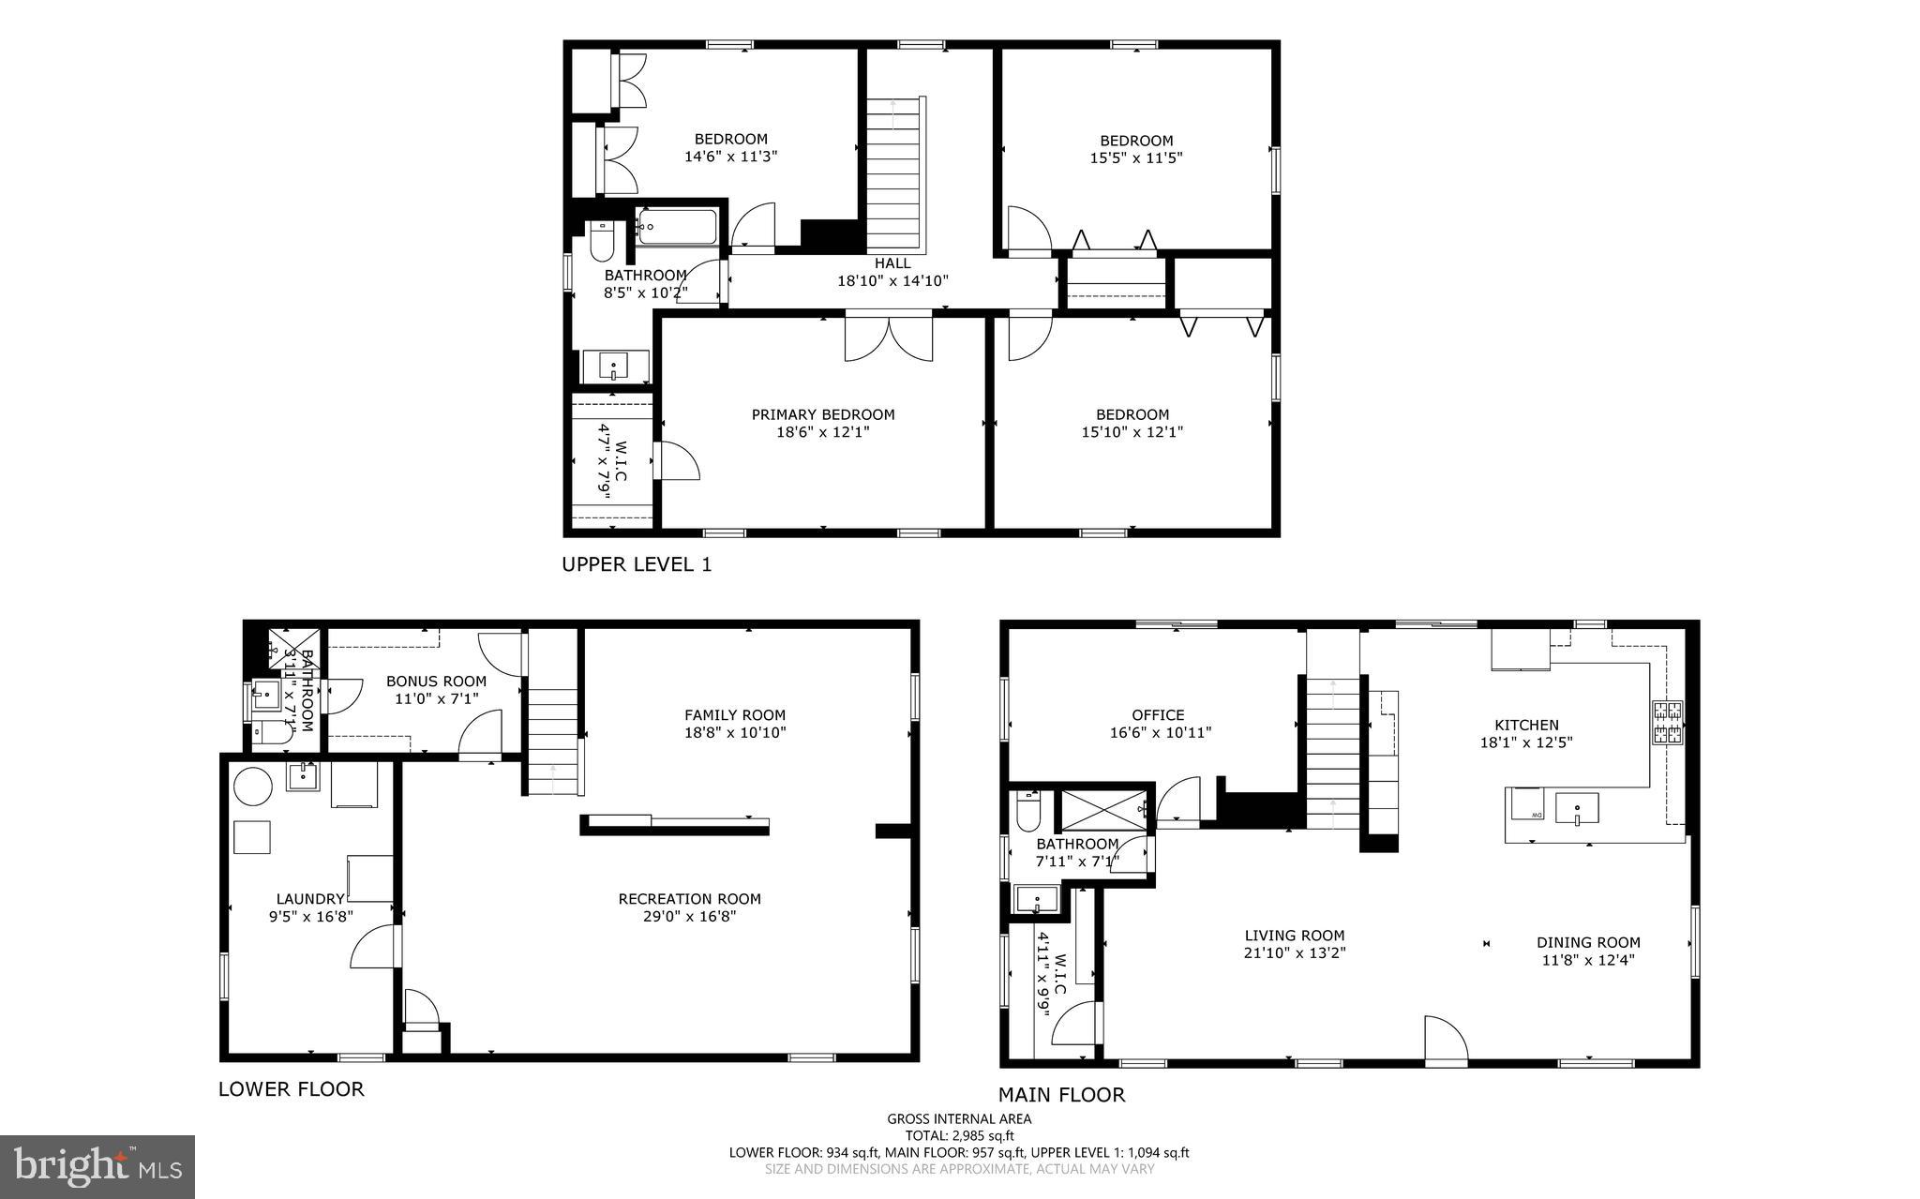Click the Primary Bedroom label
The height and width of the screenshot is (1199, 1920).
pos(822,414)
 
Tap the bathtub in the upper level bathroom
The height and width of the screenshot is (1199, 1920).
pos(677,227)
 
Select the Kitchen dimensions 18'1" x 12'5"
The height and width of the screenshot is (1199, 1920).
pos(1525,742)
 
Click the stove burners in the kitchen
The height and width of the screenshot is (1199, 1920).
pos(1667,723)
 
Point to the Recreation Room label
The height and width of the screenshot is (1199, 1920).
pos(689,899)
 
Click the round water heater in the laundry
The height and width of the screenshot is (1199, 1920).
pos(252,786)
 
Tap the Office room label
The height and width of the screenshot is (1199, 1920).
pos(1158,715)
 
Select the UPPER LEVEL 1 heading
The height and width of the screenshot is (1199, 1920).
pos(637,564)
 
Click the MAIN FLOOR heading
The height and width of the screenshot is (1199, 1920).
pos(1060,1094)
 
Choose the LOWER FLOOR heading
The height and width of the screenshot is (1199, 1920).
pos(291,1088)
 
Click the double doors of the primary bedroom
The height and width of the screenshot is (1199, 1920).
pos(889,339)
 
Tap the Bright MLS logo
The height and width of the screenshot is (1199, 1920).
pos(97,1166)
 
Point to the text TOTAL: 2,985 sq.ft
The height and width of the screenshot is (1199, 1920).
pos(959,1135)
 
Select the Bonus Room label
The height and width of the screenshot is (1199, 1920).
pos(436,682)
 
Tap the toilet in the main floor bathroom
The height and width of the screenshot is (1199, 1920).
pos(1028,812)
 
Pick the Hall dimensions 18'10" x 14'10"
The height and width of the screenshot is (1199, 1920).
pos(892,280)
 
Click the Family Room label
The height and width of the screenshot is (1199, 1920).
pos(734,715)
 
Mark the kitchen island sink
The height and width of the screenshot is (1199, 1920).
pos(1577,807)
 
